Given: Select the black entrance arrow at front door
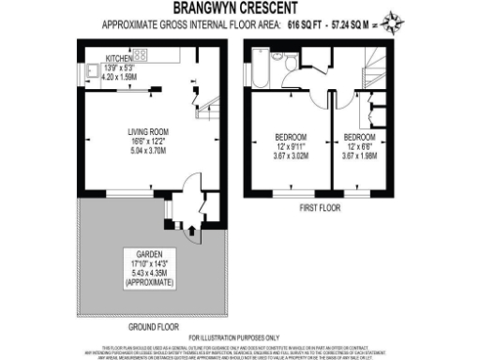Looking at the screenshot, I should pos(193,227).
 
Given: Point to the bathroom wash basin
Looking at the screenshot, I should pos(277,56).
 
